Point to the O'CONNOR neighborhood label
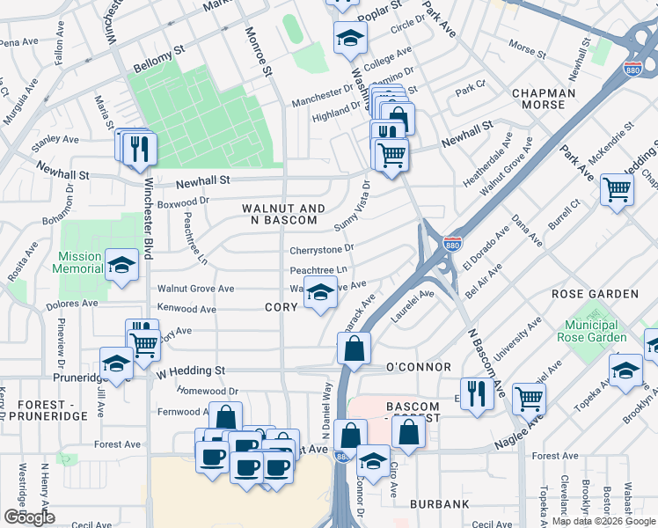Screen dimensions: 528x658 418,367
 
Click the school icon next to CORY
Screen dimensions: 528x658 321,291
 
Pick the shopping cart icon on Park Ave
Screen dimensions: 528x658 617,187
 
